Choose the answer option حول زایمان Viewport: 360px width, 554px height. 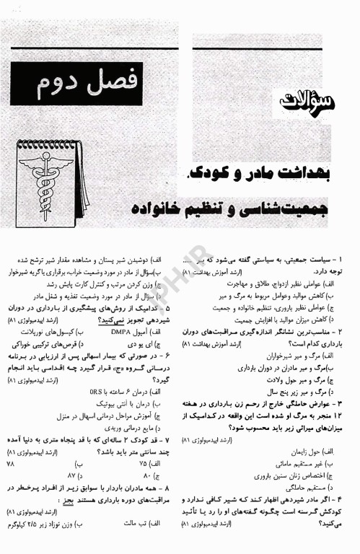tap(317, 450)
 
